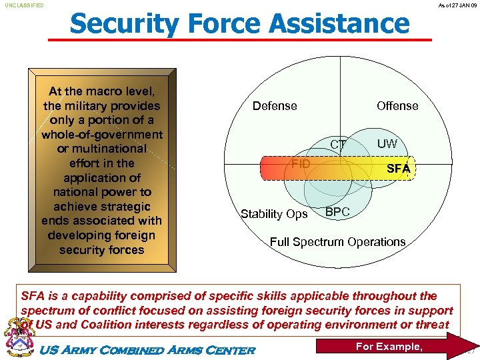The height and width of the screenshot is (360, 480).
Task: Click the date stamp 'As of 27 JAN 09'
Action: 457,5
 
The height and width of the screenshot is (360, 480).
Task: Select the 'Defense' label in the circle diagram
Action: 275,106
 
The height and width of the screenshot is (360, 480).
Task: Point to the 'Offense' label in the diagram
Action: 397,106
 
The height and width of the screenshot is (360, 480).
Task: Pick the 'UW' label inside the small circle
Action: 387,144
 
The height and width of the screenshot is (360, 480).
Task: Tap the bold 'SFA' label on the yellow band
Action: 399,169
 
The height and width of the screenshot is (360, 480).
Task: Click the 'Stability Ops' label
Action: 274,214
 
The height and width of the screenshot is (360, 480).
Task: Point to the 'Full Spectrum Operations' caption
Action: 337,242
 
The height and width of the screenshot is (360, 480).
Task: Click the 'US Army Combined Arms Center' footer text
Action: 148,350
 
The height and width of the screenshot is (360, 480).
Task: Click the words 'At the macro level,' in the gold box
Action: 101,91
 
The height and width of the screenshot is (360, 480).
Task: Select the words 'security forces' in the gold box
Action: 101,250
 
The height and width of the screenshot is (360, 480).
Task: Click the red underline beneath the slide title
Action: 240,41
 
